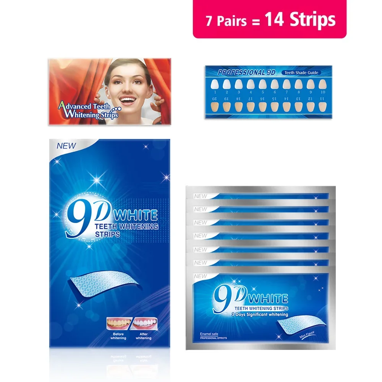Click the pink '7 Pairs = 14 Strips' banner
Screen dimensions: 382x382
click(269, 19)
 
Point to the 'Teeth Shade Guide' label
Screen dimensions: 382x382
click(301, 73)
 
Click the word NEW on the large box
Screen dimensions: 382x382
click(66, 146)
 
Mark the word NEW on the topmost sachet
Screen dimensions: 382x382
click(201, 196)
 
